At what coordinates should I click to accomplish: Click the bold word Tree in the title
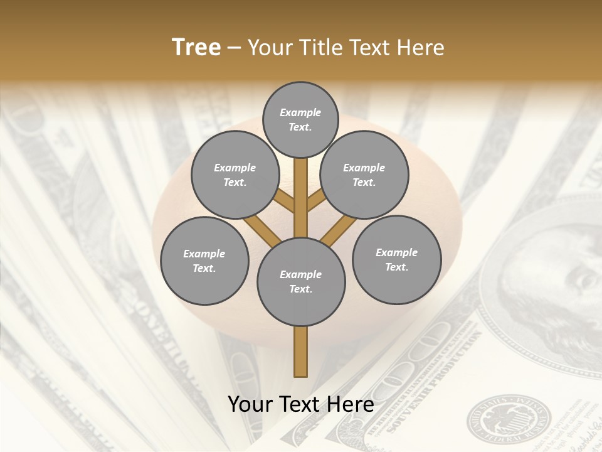(x=196, y=47)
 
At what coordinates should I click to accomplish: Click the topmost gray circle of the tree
(x=300, y=119)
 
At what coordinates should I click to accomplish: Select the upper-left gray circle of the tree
(x=235, y=175)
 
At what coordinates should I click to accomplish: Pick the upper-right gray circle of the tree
(x=364, y=175)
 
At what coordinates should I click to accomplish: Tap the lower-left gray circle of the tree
(x=204, y=261)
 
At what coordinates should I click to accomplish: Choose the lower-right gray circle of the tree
(x=396, y=259)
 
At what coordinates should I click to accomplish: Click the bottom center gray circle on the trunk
(x=301, y=281)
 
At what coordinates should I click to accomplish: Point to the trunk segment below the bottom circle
(x=301, y=352)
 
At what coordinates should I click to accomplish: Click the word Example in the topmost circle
(x=300, y=112)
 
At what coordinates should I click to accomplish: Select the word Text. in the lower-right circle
(x=396, y=267)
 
